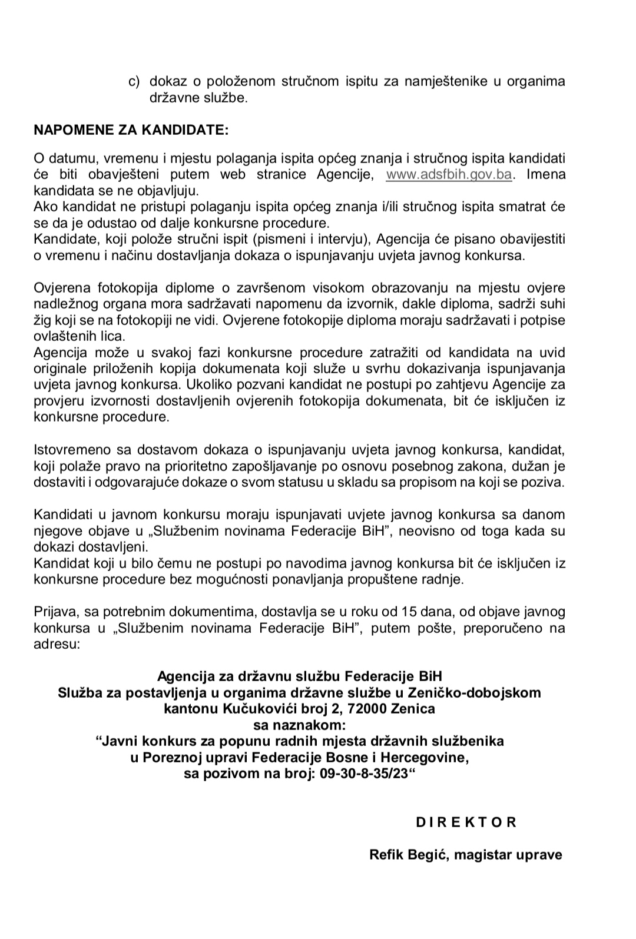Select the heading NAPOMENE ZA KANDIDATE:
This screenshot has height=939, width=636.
(x=131, y=130)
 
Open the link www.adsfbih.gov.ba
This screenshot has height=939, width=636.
(x=449, y=175)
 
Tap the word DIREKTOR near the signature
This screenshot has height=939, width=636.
(x=466, y=822)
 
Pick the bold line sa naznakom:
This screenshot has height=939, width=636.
(x=299, y=724)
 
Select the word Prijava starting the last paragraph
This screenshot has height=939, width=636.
(x=54, y=611)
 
